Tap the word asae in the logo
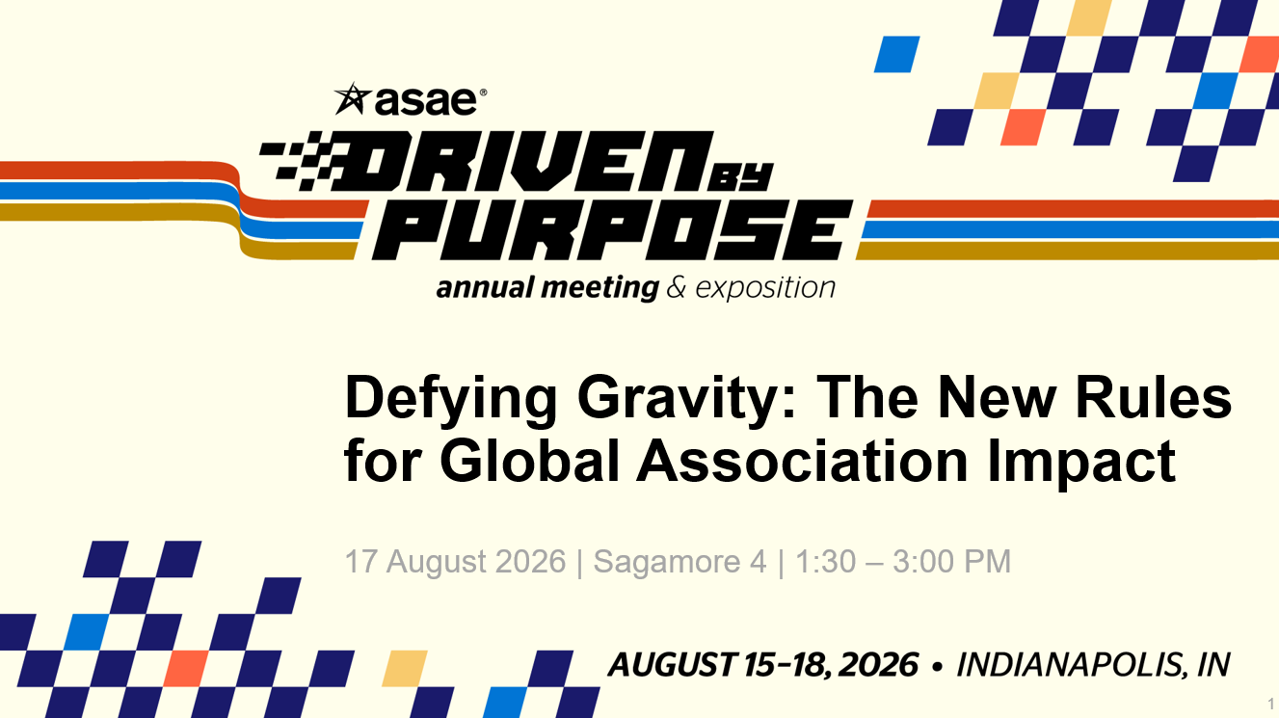(425, 101)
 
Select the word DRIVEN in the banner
(530, 161)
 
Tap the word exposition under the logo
(765, 288)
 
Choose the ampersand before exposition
(676, 287)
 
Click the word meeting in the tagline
(600, 288)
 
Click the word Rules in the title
(1153, 398)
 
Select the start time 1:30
(826, 561)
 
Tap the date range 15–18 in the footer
(788, 664)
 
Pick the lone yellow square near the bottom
(404, 668)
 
